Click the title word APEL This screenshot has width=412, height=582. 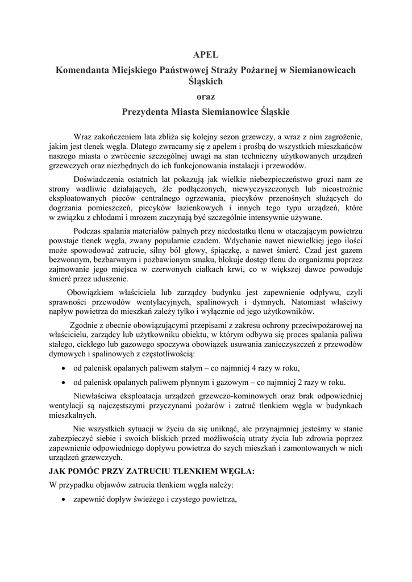click(206, 55)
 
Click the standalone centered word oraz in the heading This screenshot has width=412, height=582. click(206, 96)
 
